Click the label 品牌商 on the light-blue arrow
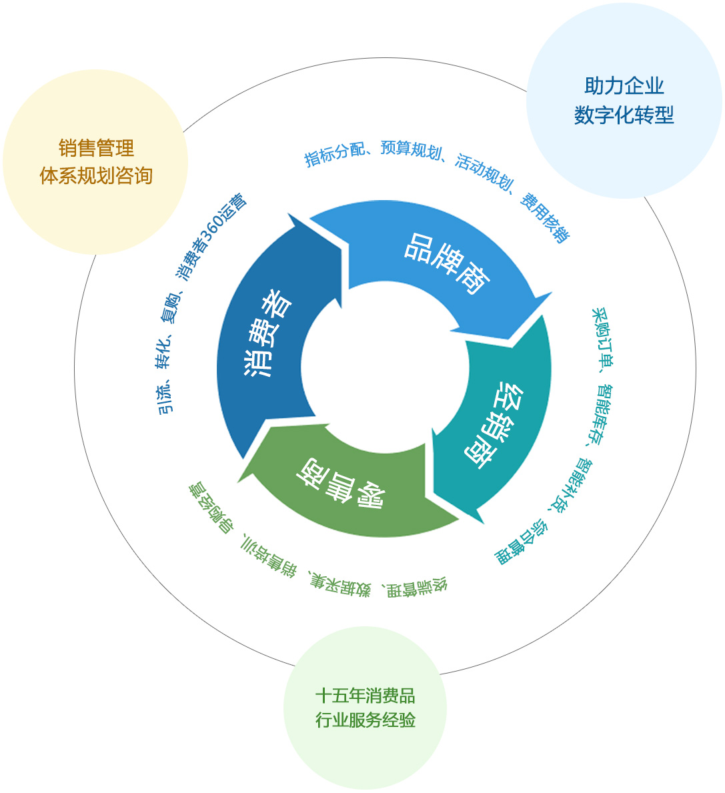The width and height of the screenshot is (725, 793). tap(448, 264)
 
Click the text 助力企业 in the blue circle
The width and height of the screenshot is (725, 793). tap(624, 86)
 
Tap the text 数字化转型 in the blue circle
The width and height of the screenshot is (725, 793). tap(624, 115)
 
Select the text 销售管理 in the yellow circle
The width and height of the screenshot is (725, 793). tap(96, 147)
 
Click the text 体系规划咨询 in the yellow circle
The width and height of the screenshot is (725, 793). tap(96, 175)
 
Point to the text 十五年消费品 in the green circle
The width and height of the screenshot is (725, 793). tap(365, 696)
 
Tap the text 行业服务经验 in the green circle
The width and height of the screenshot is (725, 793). tap(365, 720)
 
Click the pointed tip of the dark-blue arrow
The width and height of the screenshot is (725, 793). tap(291, 215)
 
